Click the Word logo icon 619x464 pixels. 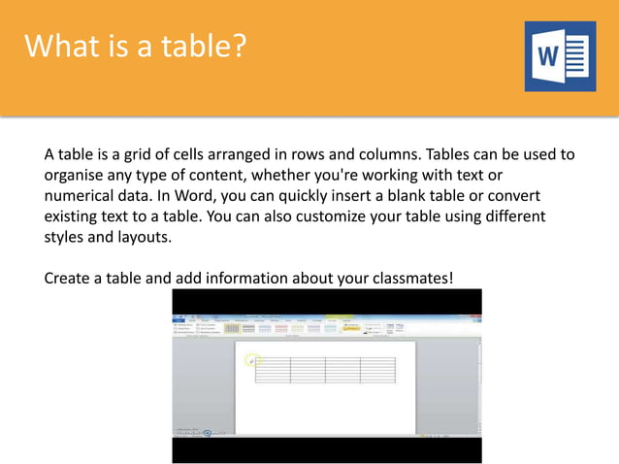pos(560,57)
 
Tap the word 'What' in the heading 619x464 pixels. pos(57,46)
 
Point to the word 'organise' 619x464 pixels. pos(76,175)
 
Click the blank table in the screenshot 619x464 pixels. pos(326,369)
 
